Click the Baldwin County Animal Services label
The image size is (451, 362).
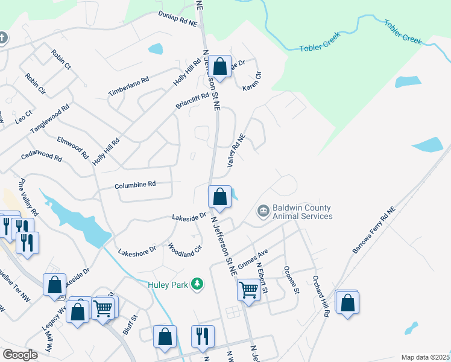point(302,212)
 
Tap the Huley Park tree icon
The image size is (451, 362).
point(196,283)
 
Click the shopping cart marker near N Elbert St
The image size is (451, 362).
point(248,290)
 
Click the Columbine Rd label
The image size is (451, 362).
point(136,185)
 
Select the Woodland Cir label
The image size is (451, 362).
point(184,250)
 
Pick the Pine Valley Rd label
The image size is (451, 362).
point(28,197)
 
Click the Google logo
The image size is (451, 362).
point(20,354)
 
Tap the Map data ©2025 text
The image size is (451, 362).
point(425,357)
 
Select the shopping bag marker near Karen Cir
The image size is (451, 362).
point(220,66)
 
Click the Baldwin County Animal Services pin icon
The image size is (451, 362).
point(263,211)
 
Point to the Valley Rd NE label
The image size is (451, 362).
point(236,150)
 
